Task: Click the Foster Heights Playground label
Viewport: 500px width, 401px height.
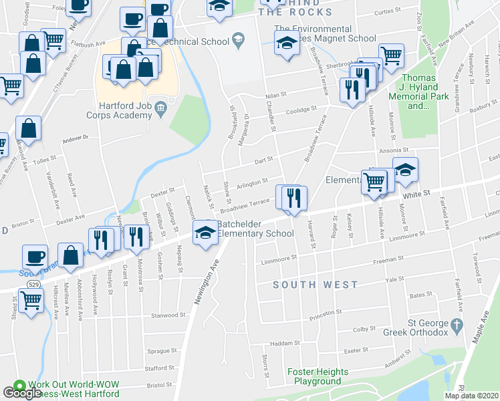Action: point(318,376)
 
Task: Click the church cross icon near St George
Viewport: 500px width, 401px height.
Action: point(457,326)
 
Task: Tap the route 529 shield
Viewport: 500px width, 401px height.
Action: point(31,285)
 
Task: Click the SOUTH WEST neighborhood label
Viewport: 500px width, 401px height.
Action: point(316,285)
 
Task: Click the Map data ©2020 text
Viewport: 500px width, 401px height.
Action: point(471,396)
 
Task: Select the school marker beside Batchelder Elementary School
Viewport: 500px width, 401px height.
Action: point(205,232)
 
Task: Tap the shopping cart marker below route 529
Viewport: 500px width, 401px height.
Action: point(31,302)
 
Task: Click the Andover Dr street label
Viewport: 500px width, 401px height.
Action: point(75,138)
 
